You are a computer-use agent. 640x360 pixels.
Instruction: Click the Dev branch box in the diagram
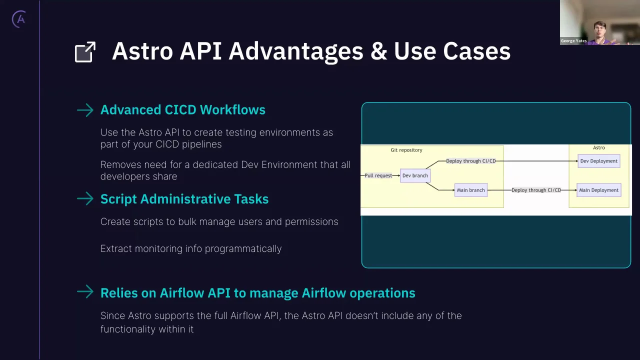tap(415, 175)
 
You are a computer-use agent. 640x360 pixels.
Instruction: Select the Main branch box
tap(470, 190)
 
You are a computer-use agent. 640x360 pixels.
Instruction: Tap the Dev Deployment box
tap(598, 161)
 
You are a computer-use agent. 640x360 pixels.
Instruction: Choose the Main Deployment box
tap(598, 190)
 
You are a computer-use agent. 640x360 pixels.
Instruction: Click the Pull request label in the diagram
tap(378, 175)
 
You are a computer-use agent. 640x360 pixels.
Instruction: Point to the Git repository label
tap(406, 150)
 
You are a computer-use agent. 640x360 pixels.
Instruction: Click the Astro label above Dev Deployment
tap(598, 147)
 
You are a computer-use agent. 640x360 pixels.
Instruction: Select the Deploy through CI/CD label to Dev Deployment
tap(470, 161)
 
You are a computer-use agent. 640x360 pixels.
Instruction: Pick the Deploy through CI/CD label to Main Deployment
tap(536, 190)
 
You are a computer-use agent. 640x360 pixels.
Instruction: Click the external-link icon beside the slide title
tap(85, 52)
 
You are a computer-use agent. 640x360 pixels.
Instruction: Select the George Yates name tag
tap(573, 41)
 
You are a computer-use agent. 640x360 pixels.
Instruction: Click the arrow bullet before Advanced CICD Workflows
tap(85, 110)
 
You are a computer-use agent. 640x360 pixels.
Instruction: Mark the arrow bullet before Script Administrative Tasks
tap(85, 199)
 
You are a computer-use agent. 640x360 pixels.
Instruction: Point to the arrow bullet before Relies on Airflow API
tap(85, 292)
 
